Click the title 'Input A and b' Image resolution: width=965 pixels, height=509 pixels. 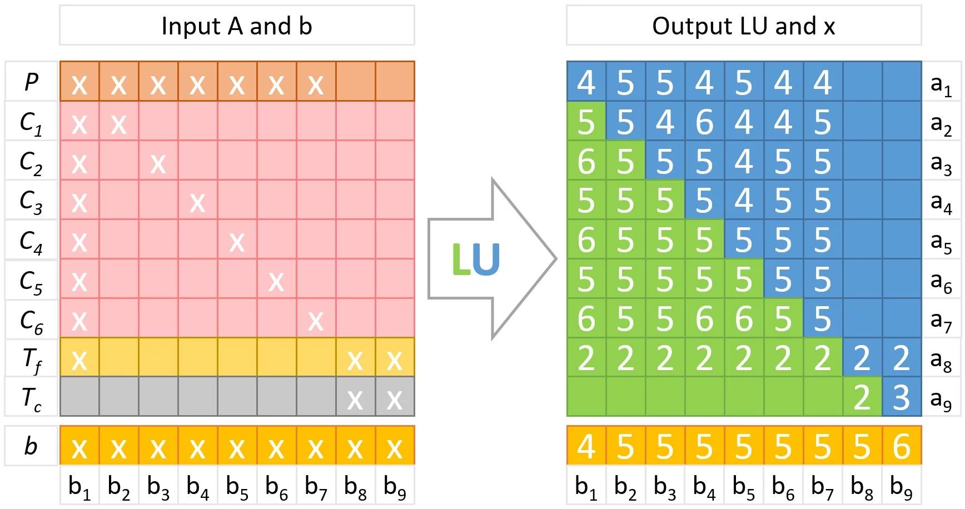[x=237, y=26]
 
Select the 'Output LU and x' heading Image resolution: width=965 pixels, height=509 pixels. [x=743, y=26]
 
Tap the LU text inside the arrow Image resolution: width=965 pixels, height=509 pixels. [x=476, y=260]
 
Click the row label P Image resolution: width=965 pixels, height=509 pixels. [x=31, y=82]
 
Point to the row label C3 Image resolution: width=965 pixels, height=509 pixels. [x=31, y=201]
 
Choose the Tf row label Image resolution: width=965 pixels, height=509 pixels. [x=31, y=360]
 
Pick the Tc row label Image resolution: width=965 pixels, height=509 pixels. [x=31, y=398]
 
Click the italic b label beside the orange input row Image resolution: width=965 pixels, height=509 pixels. [x=31, y=446]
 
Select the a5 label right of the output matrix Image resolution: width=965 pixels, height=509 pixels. [x=941, y=241]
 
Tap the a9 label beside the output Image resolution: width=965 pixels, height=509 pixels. [x=941, y=398]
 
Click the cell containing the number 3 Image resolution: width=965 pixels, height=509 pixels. [x=901, y=397]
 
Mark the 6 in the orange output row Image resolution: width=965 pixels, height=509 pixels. [x=901, y=446]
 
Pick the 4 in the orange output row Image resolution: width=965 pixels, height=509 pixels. [x=586, y=446]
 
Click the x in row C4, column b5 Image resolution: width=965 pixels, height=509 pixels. [x=237, y=241]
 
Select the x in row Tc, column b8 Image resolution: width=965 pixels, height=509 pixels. [x=355, y=398]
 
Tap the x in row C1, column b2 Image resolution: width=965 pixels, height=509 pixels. [x=118, y=123]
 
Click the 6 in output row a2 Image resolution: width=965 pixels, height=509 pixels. [x=704, y=122]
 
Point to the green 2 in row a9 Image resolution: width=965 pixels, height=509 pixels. [x=862, y=397]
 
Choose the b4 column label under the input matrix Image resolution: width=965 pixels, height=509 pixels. [x=198, y=487]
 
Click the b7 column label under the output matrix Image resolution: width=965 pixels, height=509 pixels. [x=823, y=487]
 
